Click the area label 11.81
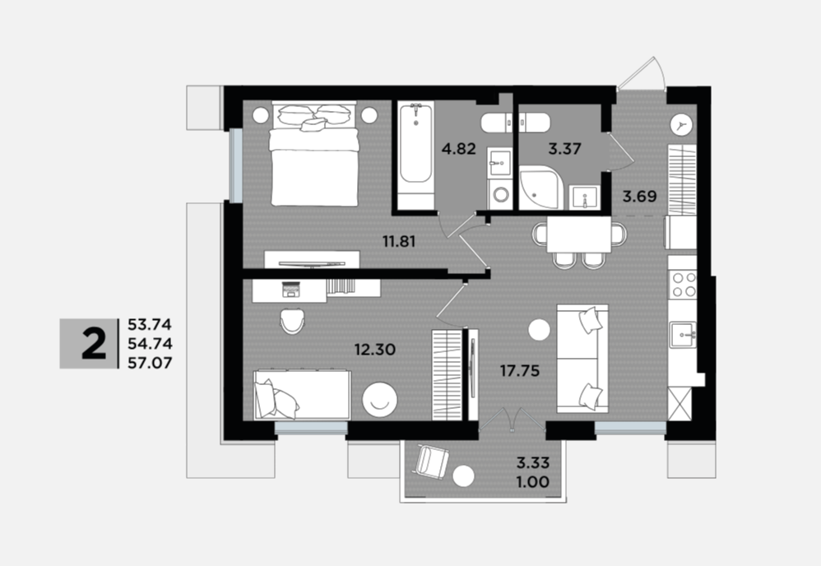[x=399, y=241]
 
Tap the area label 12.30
[x=375, y=350]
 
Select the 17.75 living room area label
[x=519, y=371]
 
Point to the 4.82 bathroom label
[x=459, y=149]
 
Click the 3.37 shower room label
[x=565, y=149]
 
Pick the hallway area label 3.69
[x=639, y=197]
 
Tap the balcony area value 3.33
[x=533, y=463]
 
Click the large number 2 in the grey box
[x=95, y=344]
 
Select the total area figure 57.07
[x=150, y=362]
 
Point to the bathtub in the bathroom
[x=415, y=155]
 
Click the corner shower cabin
[x=541, y=188]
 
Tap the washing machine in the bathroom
[x=500, y=194]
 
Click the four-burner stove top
[x=683, y=285]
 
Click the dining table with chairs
[x=579, y=241]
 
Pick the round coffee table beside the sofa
[x=540, y=330]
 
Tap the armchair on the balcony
[x=432, y=461]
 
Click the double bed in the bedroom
[x=314, y=153]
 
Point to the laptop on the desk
[x=290, y=290]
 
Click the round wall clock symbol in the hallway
[x=682, y=124]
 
